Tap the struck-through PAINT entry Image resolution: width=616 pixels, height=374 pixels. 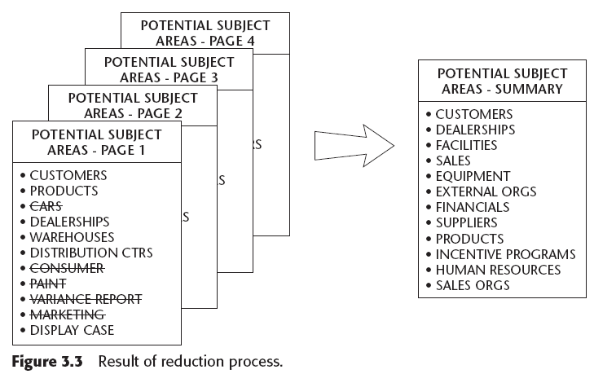[x=49, y=284]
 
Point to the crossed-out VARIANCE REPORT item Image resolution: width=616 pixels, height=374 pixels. [x=86, y=299]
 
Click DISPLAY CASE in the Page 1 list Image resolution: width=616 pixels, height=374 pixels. [x=72, y=330]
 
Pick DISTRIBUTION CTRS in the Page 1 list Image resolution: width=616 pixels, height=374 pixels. [x=90, y=253]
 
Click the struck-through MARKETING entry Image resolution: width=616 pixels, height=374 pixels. [x=67, y=315]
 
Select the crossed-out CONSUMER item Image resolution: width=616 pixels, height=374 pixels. [x=67, y=268]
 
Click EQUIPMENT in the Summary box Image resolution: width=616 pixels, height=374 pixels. [x=473, y=176]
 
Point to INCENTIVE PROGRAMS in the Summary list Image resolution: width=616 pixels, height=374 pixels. [x=505, y=254]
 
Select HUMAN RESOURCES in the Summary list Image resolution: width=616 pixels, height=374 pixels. [x=498, y=270]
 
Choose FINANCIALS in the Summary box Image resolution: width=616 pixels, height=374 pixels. [x=473, y=207]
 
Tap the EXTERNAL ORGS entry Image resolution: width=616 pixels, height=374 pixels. [x=486, y=191]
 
